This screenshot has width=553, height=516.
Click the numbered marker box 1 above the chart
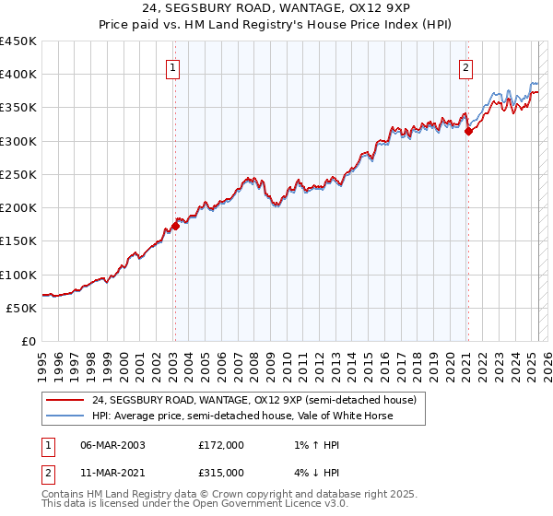(173, 66)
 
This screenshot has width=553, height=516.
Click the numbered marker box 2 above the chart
(466, 66)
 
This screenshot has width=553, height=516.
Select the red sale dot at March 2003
(175, 227)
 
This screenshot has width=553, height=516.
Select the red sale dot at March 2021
(468, 131)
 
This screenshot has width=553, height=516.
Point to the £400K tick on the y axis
(18, 75)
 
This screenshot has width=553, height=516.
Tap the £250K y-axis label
(18, 174)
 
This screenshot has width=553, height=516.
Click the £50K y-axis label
(22, 308)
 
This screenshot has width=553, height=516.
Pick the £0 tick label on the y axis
(29, 341)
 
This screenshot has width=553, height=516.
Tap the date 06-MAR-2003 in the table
(112, 444)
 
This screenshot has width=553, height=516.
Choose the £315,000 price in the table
(221, 472)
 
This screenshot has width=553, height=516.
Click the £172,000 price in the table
(221, 444)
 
